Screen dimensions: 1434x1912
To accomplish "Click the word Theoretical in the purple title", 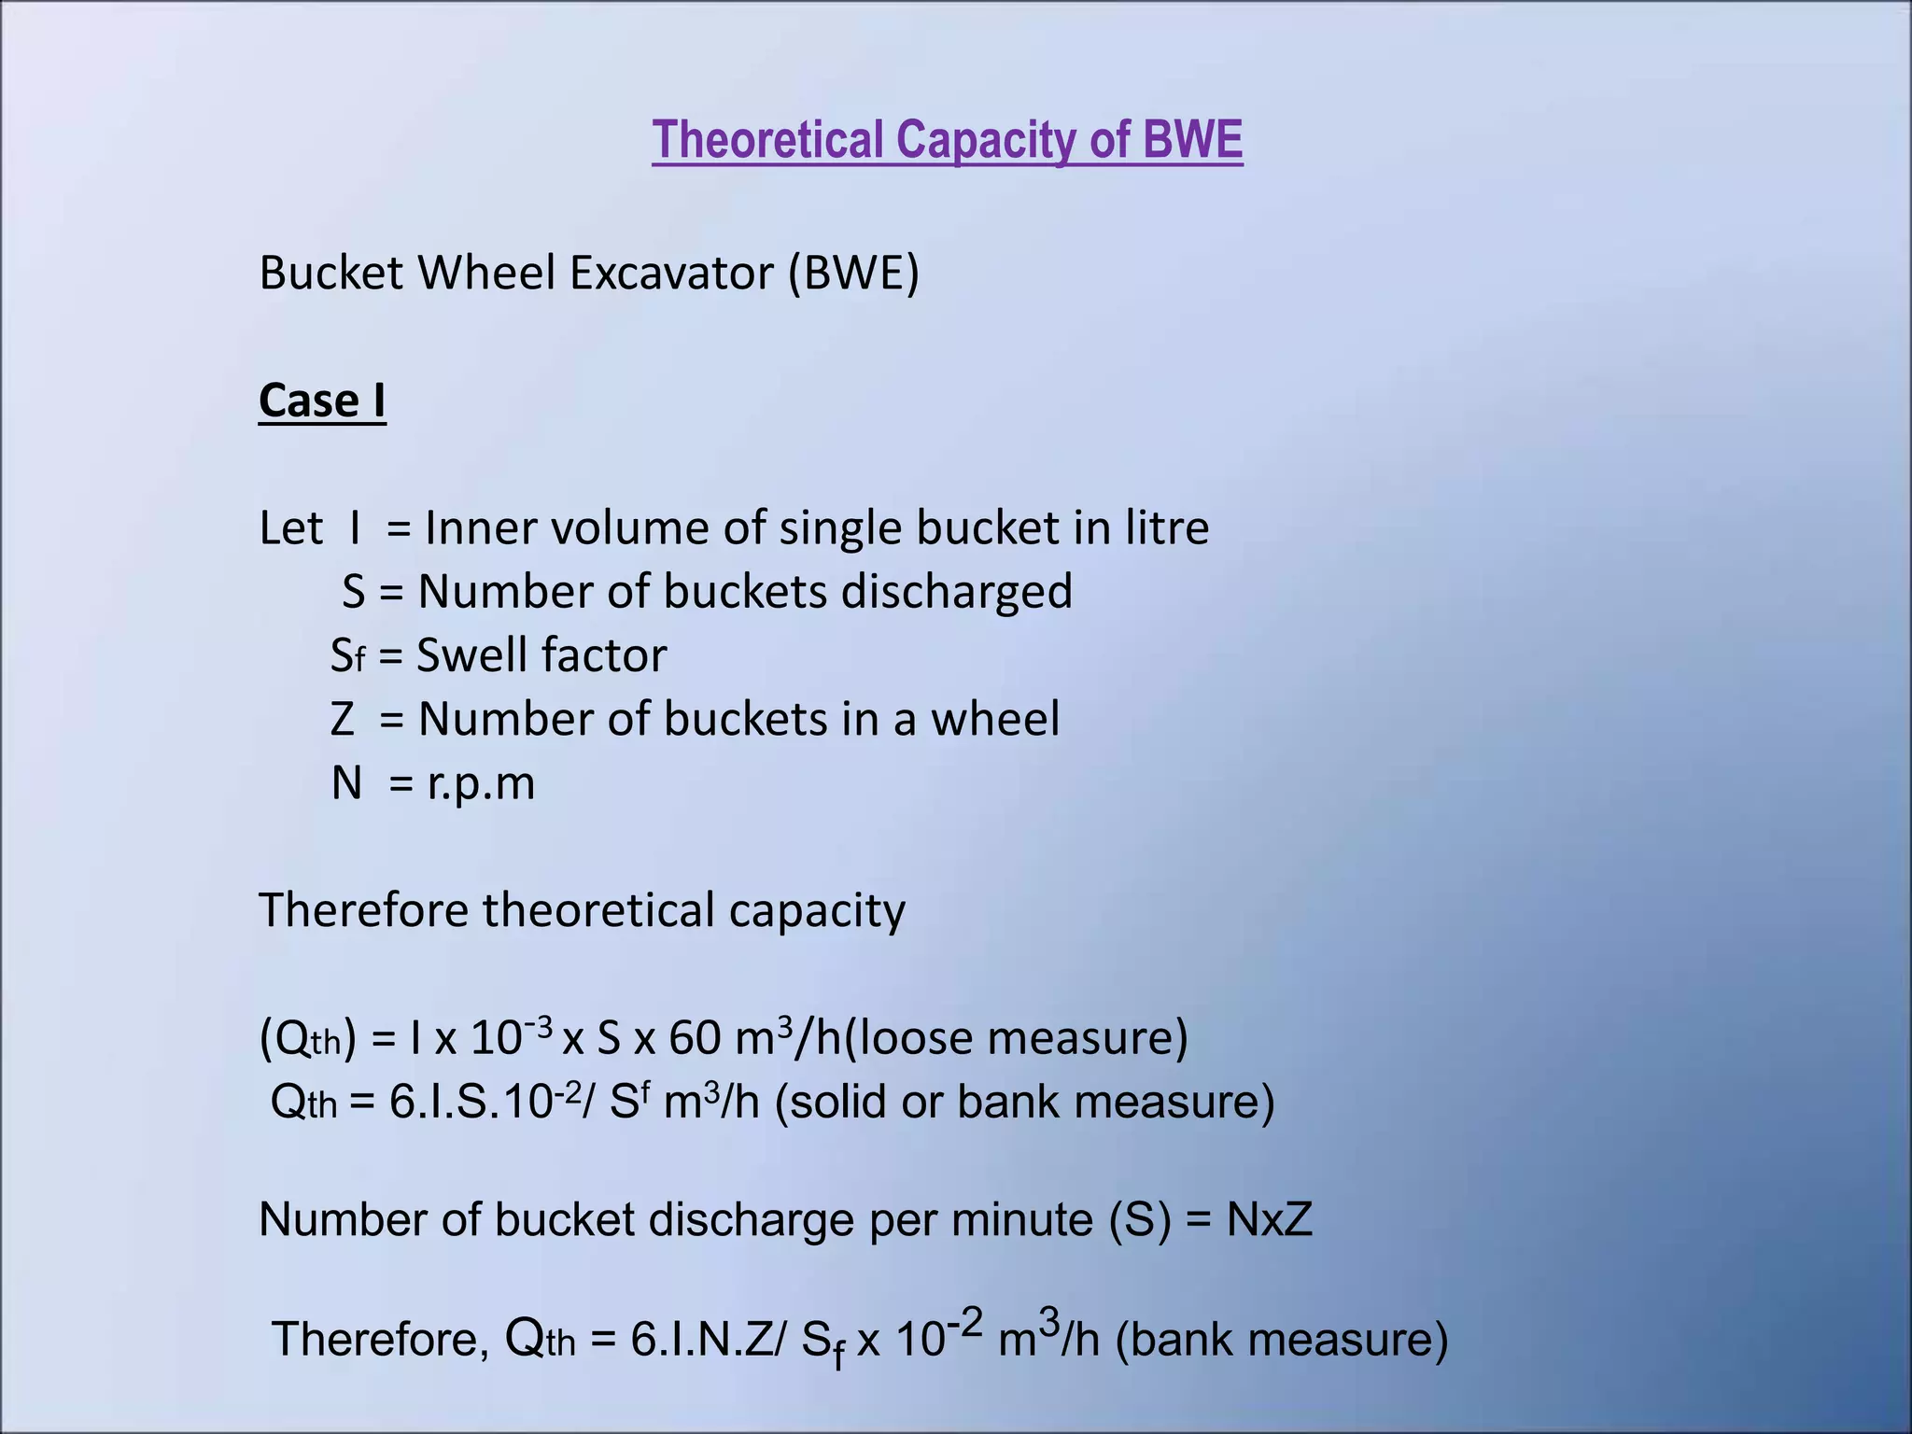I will click(x=767, y=140).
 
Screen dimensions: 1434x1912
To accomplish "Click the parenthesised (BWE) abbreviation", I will click(x=853, y=273).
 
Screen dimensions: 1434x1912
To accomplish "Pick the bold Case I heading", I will click(x=322, y=401).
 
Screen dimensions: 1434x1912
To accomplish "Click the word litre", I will click(x=1167, y=527).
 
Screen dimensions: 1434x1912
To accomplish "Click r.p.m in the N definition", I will click(x=482, y=784).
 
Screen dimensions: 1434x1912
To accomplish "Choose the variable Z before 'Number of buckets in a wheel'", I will click(x=343, y=720).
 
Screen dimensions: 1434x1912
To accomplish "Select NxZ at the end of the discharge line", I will click(x=1269, y=1219).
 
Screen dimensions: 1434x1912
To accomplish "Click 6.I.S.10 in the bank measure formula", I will click(x=467, y=1102).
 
